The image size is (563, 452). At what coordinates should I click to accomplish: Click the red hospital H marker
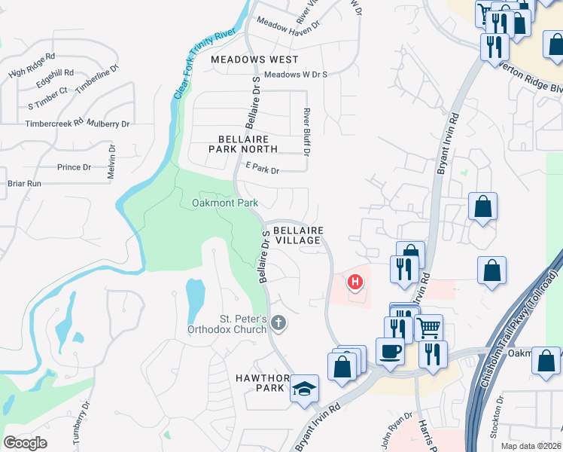pyautogui.click(x=354, y=283)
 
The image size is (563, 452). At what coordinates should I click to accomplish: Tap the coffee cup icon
pyautogui.click(x=390, y=351)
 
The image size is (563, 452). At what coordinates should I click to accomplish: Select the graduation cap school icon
pyautogui.click(x=305, y=389)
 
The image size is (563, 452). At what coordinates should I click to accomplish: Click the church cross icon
pyautogui.click(x=278, y=323)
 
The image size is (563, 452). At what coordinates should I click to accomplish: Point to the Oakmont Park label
pyautogui.click(x=225, y=203)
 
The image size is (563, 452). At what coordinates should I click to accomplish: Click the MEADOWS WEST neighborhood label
pyautogui.click(x=254, y=59)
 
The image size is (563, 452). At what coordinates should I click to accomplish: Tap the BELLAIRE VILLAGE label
pyautogui.click(x=298, y=235)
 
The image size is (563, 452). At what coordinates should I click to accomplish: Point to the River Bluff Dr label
pyautogui.click(x=307, y=131)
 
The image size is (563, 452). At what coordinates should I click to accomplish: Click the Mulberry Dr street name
pyautogui.click(x=108, y=123)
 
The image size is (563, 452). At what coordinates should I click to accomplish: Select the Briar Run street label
pyautogui.click(x=24, y=183)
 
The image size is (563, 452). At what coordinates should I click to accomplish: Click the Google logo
pyautogui.click(x=25, y=442)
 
